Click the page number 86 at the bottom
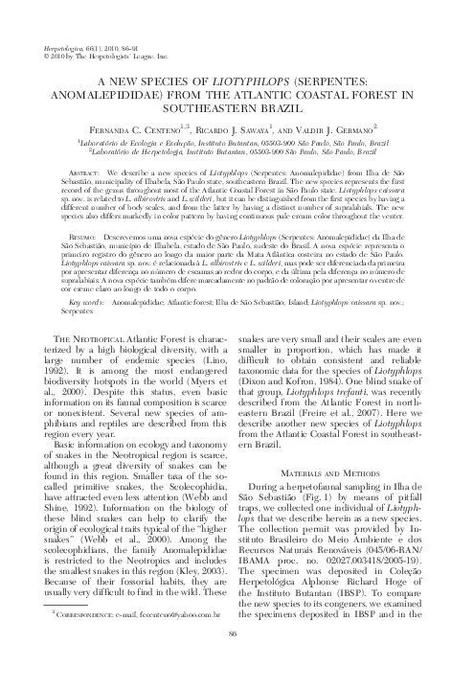[237, 660]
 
